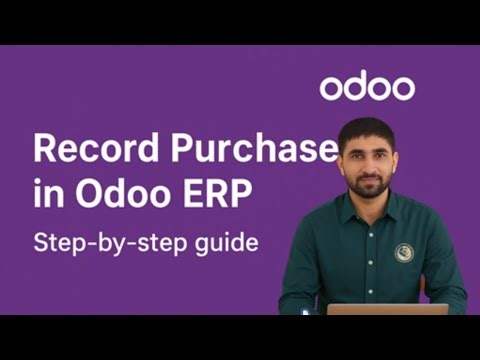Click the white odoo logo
pyautogui.click(x=367, y=86)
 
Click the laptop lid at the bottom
pyautogui.click(x=379, y=309)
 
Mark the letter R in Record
pyautogui.click(x=45, y=149)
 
